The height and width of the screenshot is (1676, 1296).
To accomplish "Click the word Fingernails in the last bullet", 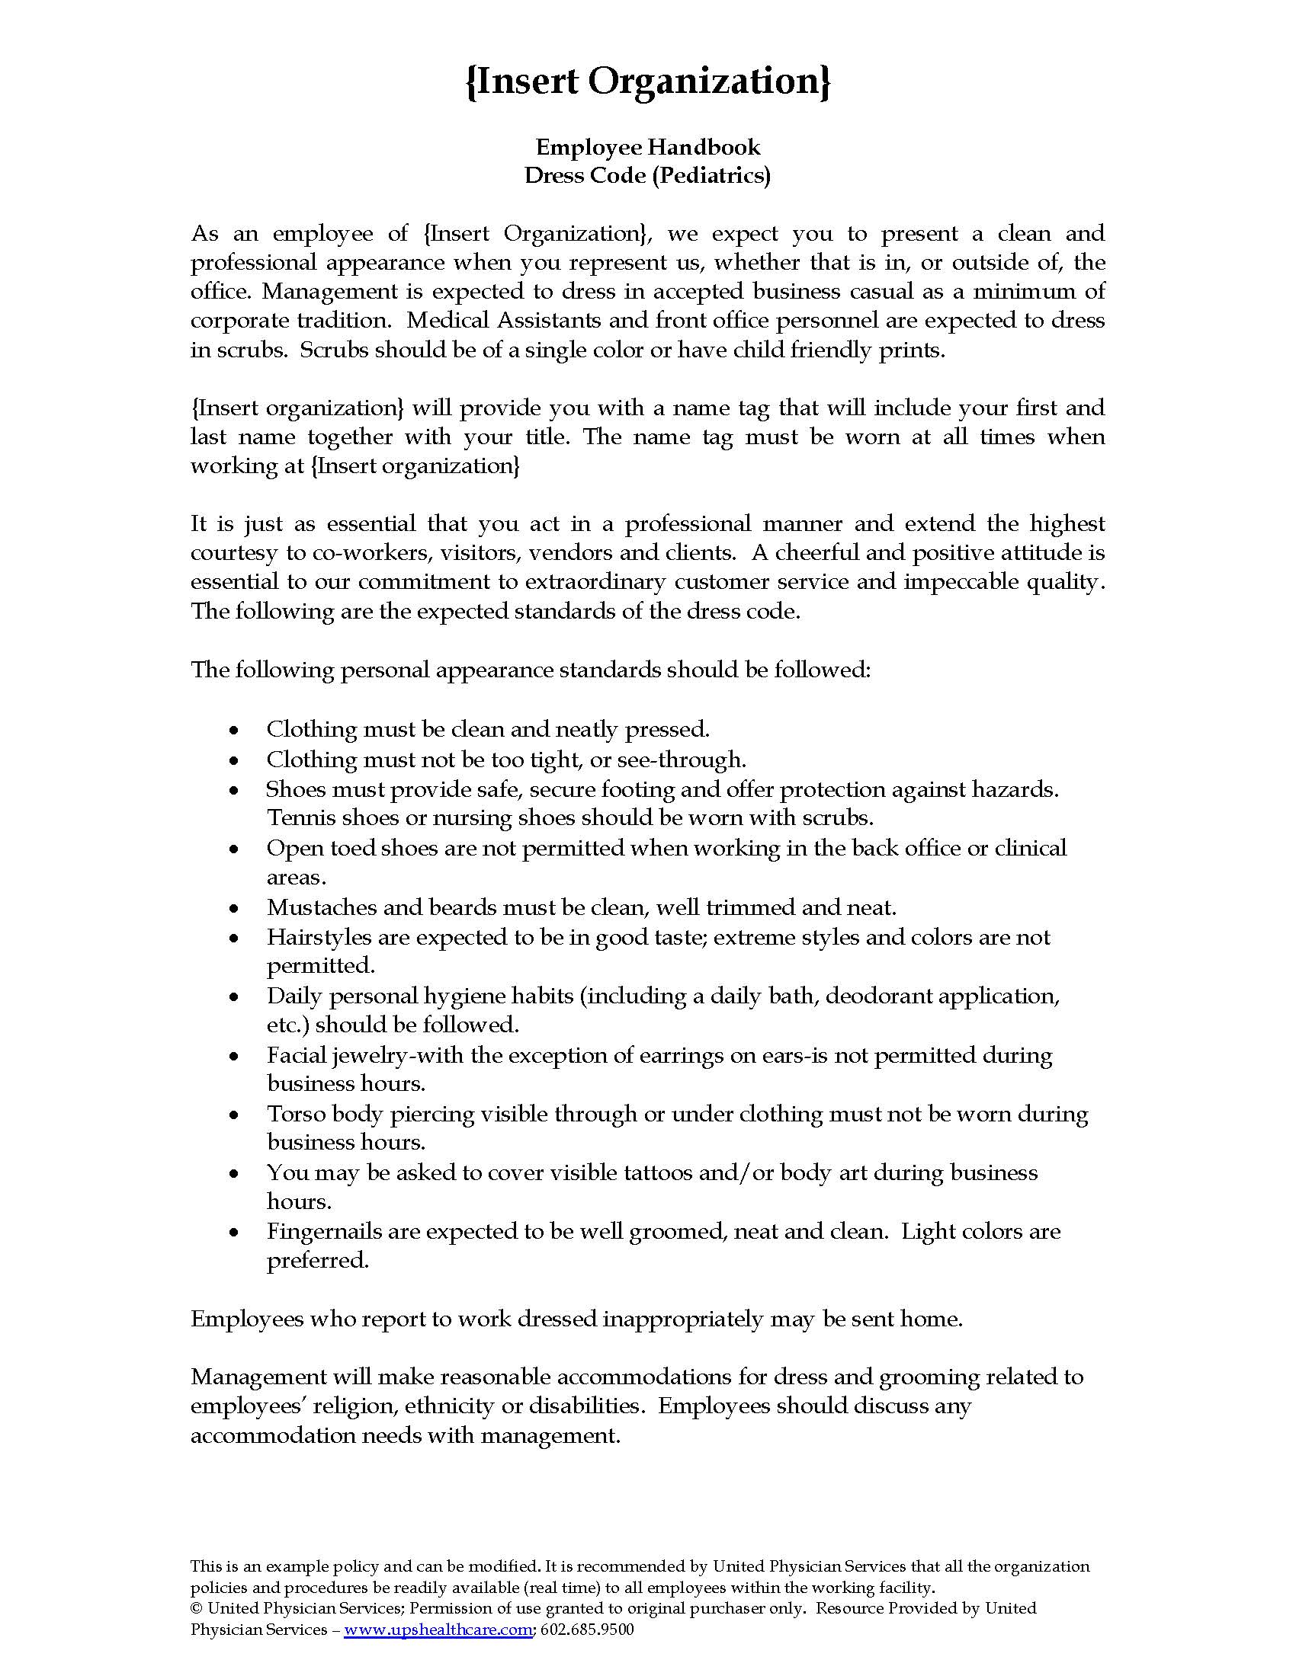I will click(323, 1232).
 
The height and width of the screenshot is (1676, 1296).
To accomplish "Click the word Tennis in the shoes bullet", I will click(300, 818).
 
